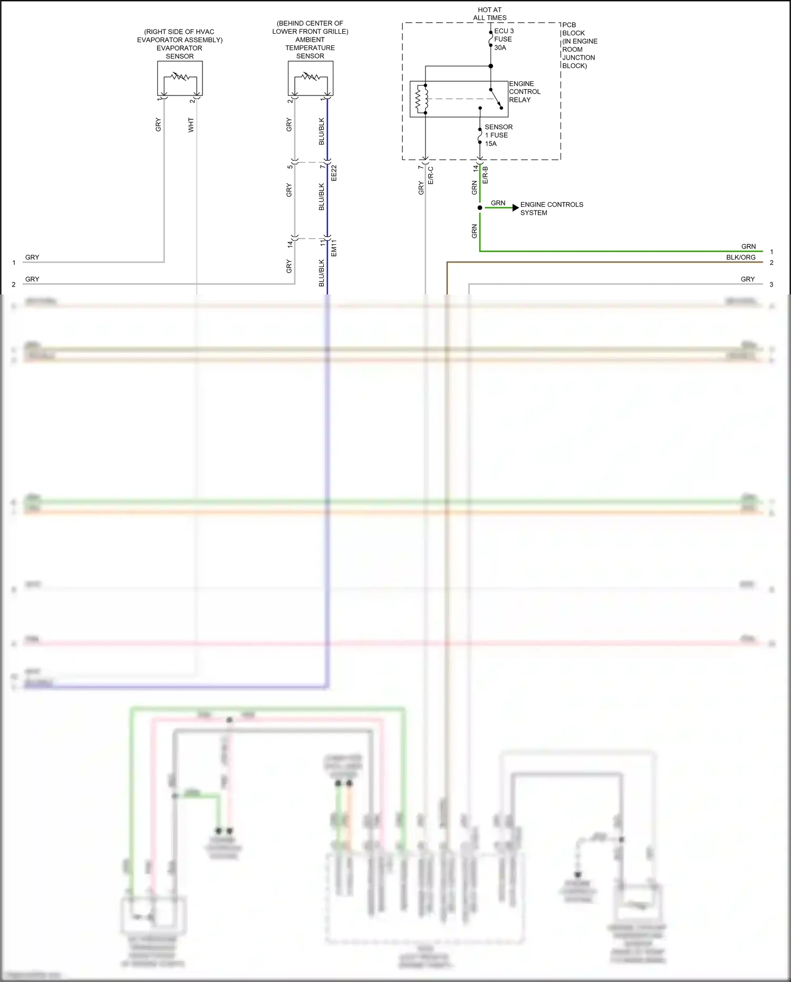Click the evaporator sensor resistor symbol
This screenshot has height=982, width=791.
point(180,77)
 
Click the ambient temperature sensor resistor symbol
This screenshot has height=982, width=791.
point(310,77)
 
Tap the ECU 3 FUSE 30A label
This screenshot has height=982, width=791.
point(504,39)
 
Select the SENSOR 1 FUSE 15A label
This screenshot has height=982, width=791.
point(498,135)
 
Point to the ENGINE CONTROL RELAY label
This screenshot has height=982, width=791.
point(524,92)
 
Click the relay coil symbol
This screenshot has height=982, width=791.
point(421,99)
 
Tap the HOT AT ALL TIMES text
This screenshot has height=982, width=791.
point(489,14)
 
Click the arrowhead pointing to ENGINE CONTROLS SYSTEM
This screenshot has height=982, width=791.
point(515,208)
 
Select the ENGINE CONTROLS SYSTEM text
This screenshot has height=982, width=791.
point(551,208)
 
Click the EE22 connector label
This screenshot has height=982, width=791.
point(334,173)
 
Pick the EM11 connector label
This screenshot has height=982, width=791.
point(334,248)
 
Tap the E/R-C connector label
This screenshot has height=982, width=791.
point(431,175)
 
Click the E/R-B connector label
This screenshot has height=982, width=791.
point(486,175)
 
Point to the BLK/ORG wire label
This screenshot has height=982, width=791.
point(740,258)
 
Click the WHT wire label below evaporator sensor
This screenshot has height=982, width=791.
point(191,125)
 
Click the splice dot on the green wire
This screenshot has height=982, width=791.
point(480,208)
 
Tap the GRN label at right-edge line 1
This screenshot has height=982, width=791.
point(748,246)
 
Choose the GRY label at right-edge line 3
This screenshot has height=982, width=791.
point(747,279)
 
